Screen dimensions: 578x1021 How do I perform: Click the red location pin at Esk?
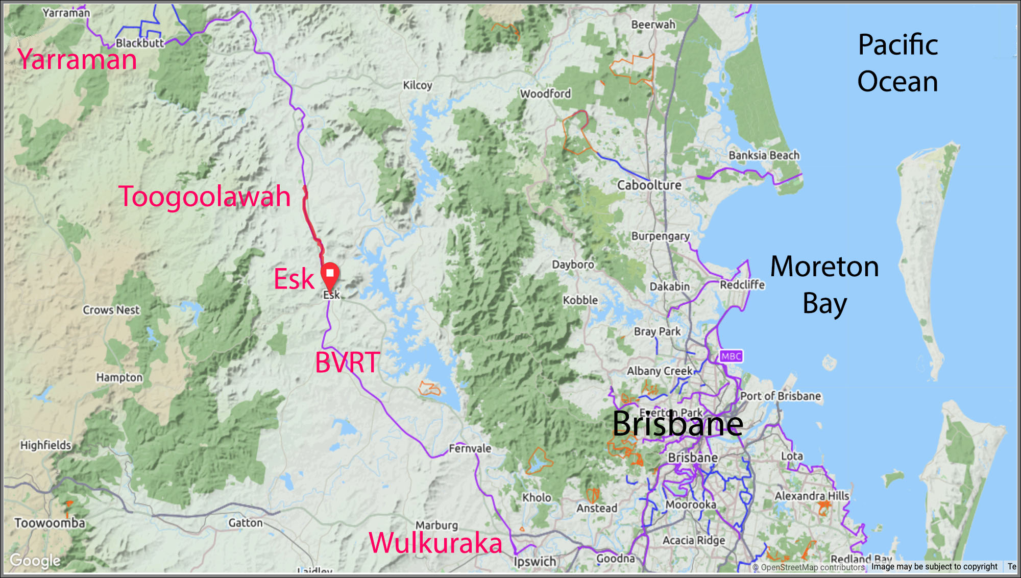(330, 275)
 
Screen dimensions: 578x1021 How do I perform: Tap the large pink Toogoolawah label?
(204, 196)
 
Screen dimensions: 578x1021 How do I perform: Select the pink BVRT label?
(347, 363)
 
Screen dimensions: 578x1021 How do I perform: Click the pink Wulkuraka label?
(435, 542)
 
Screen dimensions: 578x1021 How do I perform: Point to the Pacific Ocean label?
(897, 63)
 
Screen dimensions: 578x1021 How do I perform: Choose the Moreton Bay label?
(824, 284)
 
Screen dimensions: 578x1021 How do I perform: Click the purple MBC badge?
(731, 356)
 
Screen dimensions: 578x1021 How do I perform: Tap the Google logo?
(35, 561)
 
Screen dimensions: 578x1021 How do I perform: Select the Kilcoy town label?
(418, 85)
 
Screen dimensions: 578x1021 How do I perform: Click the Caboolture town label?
(649, 185)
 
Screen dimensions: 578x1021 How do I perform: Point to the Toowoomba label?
(50, 523)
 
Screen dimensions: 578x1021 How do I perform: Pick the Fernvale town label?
(470, 448)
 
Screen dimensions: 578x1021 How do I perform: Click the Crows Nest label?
(111, 310)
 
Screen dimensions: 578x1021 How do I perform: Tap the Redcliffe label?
(742, 284)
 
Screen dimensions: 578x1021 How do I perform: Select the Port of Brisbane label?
(781, 396)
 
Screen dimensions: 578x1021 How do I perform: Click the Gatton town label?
(245, 523)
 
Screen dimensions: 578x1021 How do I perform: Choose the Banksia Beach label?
(764, 155)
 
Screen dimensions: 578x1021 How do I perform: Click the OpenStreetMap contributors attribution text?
(812, 567)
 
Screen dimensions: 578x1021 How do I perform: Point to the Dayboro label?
(573, 264)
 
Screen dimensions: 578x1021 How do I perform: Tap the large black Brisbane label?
(677, 424)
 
